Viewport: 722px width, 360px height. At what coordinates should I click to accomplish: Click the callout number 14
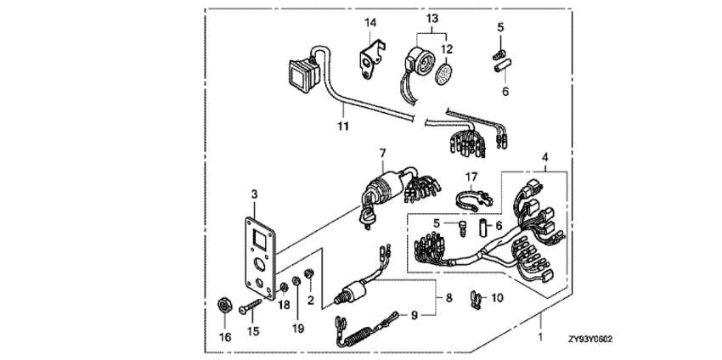pyautogui.click(x=369, y=22)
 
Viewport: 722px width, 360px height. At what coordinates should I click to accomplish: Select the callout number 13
pyautogui.click(x=432, y=17)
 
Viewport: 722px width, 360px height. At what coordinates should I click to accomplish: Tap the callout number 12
pyautogui.click(x=446, y=48)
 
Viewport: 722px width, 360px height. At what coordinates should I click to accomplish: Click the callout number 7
pyautogui.click(x=382, y=154)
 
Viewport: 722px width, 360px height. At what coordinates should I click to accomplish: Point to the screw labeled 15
pyautogui.click(x=253, y=306)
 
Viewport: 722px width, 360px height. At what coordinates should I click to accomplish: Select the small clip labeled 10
pyautogui.click(x=476, y=299)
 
